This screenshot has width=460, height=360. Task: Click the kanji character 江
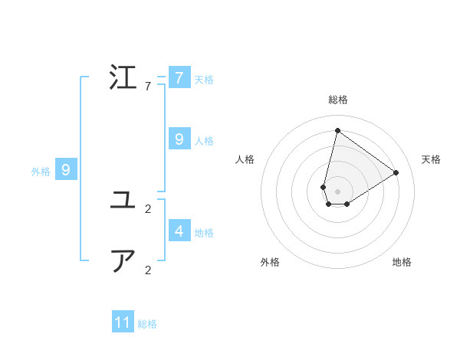click(123, 78)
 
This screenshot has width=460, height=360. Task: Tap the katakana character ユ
click(123, 201)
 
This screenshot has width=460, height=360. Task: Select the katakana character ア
click(123, 262)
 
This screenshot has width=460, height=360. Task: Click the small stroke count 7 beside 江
click(148, 87)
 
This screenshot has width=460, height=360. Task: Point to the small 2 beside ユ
click(148, 208)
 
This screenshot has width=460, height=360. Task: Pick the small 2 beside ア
click(148, 270)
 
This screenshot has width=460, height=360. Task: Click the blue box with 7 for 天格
click(179, 78)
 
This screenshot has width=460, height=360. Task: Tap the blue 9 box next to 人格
click(179, 139)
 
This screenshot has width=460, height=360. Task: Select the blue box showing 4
click(179, 231)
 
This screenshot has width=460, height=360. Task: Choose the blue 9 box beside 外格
click(66, 170)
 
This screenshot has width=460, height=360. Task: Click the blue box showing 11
click(123, 322)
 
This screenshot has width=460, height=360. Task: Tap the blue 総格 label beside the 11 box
click(147, 324)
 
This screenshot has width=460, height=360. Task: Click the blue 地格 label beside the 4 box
click(204, 233)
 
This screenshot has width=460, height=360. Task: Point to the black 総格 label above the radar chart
click(338, 100)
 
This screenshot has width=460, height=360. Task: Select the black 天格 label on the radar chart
click(431, 159)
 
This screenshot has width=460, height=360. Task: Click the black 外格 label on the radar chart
click(270, 262)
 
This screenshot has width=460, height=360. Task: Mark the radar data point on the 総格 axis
click(337, 130)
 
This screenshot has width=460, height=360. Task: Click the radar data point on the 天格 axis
click(396, 172)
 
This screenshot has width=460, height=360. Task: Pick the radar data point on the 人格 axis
click(324, 187)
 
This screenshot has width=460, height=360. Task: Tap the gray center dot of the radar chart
click(337, 191)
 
